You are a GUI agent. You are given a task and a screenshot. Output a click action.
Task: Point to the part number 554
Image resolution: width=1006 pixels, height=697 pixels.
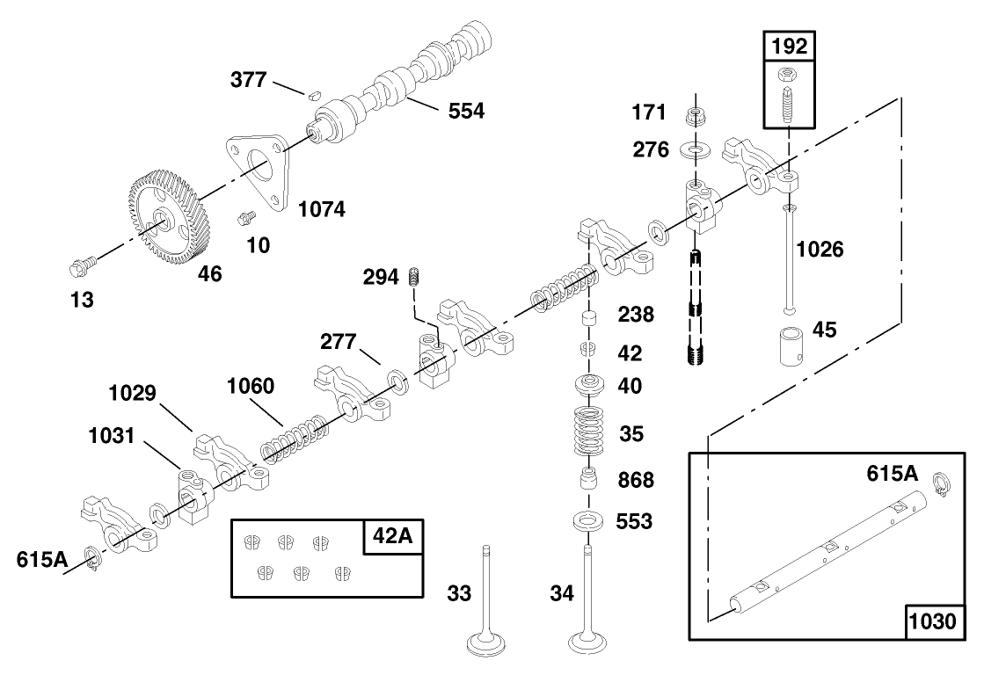coord(466,111)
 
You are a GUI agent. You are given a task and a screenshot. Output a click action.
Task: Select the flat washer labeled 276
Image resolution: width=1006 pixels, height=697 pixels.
coord(696,150)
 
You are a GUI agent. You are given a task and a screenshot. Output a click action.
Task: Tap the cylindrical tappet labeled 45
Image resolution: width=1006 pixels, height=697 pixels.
coord(789,347)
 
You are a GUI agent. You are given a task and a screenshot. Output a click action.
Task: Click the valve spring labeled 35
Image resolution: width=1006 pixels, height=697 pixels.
coord(590,431)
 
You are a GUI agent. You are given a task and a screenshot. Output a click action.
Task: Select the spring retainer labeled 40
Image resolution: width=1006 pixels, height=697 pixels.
coord(590,385)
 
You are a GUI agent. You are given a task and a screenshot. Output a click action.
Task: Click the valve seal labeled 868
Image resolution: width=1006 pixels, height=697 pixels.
coord(589,480)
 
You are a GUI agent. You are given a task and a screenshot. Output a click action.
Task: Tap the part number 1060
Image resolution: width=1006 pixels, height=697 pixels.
coord(250,386)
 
